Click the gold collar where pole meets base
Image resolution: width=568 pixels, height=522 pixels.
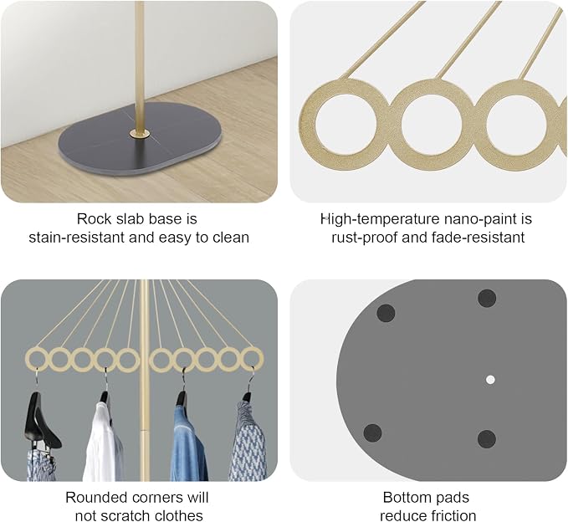[140, 136]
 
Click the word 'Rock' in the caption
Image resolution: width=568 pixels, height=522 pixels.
[94, 219]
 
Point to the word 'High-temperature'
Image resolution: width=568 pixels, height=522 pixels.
[379, 219]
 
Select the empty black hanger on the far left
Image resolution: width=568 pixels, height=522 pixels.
[40, 420]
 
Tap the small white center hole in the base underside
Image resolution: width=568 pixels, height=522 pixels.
[490, 380]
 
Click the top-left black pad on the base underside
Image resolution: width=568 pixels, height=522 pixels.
[386, 313]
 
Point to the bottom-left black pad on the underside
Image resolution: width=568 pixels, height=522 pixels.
[372, 432]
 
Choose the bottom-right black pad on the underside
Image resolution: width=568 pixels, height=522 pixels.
[487, 439]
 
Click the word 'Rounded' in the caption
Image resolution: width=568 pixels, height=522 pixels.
[92, 498]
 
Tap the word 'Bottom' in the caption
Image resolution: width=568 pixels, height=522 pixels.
[406, 498]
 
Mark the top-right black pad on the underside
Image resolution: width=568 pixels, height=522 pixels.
[487, 299]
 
